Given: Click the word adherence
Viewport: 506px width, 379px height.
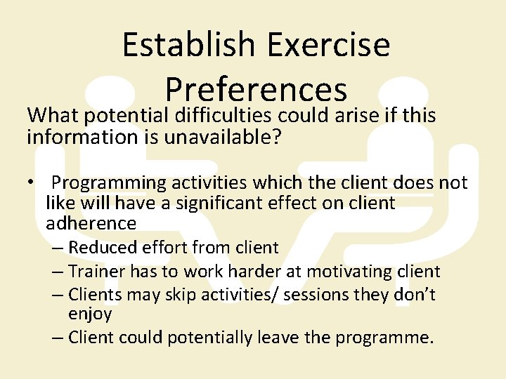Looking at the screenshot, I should [91, 223].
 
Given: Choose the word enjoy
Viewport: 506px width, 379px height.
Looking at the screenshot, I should [90, 314].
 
